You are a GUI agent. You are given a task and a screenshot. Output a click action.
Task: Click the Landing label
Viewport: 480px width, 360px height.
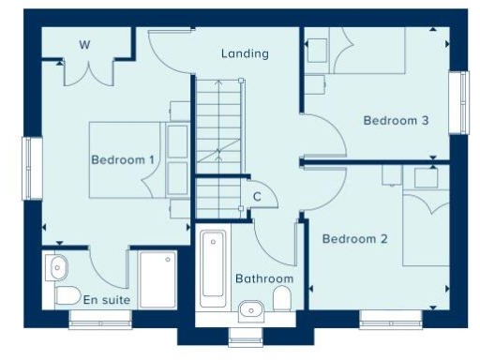point(245,53)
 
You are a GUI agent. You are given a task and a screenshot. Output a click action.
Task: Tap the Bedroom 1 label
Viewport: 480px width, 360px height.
point(123,160)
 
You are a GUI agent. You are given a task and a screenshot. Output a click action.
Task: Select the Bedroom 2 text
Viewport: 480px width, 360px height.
point(354,239)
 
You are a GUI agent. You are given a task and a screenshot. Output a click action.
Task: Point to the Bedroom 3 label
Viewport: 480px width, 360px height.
point(396,121)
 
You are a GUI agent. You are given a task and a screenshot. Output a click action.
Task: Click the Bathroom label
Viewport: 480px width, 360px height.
point(263,278)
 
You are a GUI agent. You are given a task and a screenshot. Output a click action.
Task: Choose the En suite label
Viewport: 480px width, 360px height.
point(106,301)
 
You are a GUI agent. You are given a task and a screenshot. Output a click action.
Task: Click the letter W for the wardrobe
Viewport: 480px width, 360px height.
point(84,44)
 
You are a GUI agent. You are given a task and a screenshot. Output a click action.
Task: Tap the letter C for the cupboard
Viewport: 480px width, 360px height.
point(256,197)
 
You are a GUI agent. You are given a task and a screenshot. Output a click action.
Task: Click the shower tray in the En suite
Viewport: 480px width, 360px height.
point(157,277)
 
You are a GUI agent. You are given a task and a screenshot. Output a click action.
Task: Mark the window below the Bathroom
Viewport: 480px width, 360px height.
point(247,336)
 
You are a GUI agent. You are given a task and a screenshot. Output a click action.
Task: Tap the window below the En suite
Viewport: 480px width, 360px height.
point(97,319)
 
